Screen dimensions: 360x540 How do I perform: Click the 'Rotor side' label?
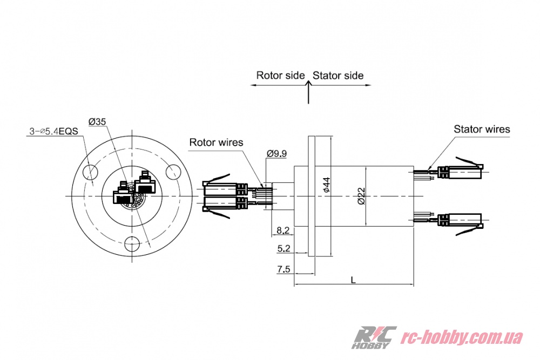(x=280, y=76)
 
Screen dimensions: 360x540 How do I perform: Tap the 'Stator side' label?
(x=338, y=76)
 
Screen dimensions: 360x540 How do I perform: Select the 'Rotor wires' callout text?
(x=216, y=142)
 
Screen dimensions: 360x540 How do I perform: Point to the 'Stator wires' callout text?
(x=482, y=129)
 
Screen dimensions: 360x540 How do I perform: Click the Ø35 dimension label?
(x=97, y=122)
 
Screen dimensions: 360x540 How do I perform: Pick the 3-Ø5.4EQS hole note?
(x=53, y=131)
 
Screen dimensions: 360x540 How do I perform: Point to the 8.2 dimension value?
(x=283, y=230)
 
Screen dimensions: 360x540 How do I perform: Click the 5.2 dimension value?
(x=283, y=249)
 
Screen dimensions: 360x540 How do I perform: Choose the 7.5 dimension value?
(x=283, y=269)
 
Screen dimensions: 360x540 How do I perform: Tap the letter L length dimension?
(x=353, y=280)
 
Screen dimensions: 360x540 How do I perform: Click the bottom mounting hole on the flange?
(x=132, y=244)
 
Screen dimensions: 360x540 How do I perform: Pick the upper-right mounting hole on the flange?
(x=174, y=172)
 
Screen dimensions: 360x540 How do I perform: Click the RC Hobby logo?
(x=374, y=337)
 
